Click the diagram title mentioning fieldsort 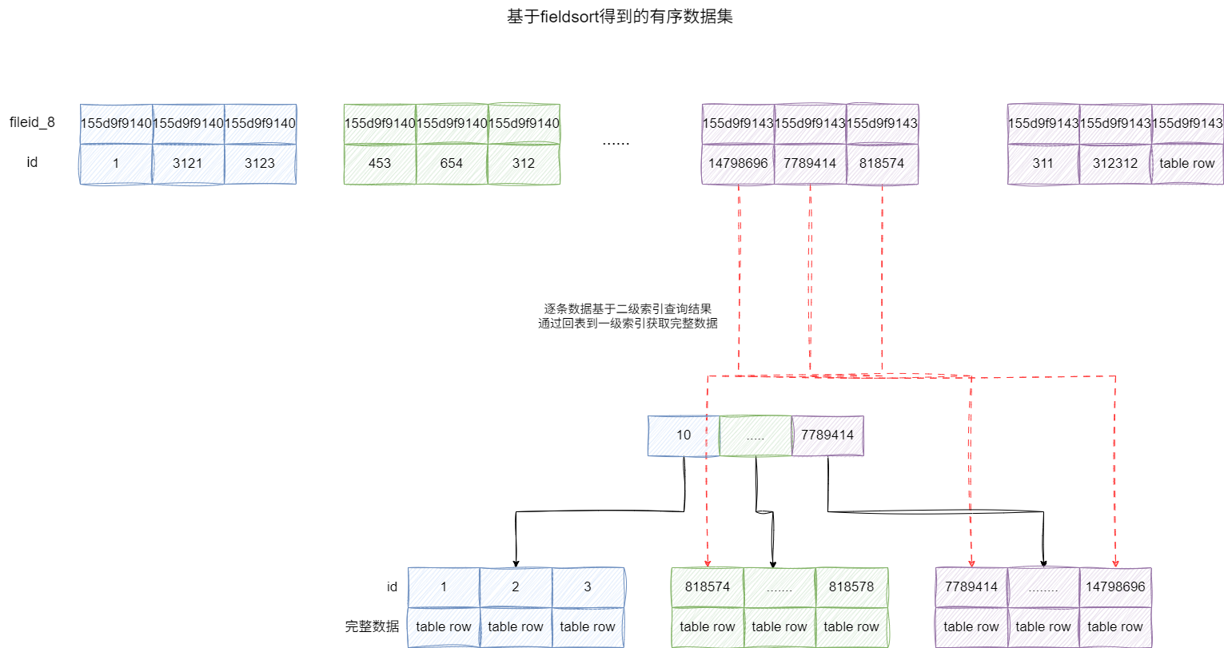click(620, 16)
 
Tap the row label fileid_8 click(32, 122)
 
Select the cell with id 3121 click(188, 163)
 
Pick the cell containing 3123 click(260, 163)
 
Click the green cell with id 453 click(380, 163)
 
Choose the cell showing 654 click(452, 163)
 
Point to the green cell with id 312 click(524, 163)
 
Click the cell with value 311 click(1043, 163)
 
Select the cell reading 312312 click(1115, 163)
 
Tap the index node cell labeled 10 click(684, 435)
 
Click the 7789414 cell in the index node click(827, 435)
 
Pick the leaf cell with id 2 click(516, 587)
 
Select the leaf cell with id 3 click(588, 587)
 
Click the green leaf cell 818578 click(851, 587)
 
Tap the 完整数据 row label click(372, 626)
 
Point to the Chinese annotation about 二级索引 click(628, 316)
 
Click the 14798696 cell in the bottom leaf click(1115, 587)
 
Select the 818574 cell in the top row click(882, 163)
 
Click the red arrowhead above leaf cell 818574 click(708, 563)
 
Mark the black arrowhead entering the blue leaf click(516, 563)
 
